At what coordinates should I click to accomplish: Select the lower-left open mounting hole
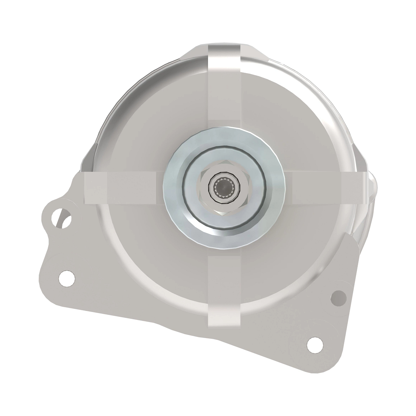click(67, 277)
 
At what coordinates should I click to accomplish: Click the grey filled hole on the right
click(339, 297)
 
